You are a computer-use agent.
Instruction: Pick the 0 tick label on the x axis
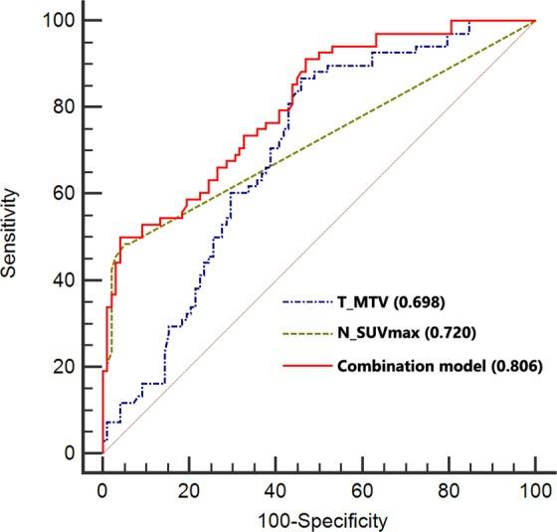pos(102,490)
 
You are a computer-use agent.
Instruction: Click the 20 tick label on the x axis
pos(189,490)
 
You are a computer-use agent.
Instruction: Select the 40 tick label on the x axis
pos(276,490)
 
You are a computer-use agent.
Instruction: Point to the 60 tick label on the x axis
pos(362,490)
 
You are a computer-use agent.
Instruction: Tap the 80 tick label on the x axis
pos(449,490)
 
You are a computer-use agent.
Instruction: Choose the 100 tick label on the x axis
pos(535,490)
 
